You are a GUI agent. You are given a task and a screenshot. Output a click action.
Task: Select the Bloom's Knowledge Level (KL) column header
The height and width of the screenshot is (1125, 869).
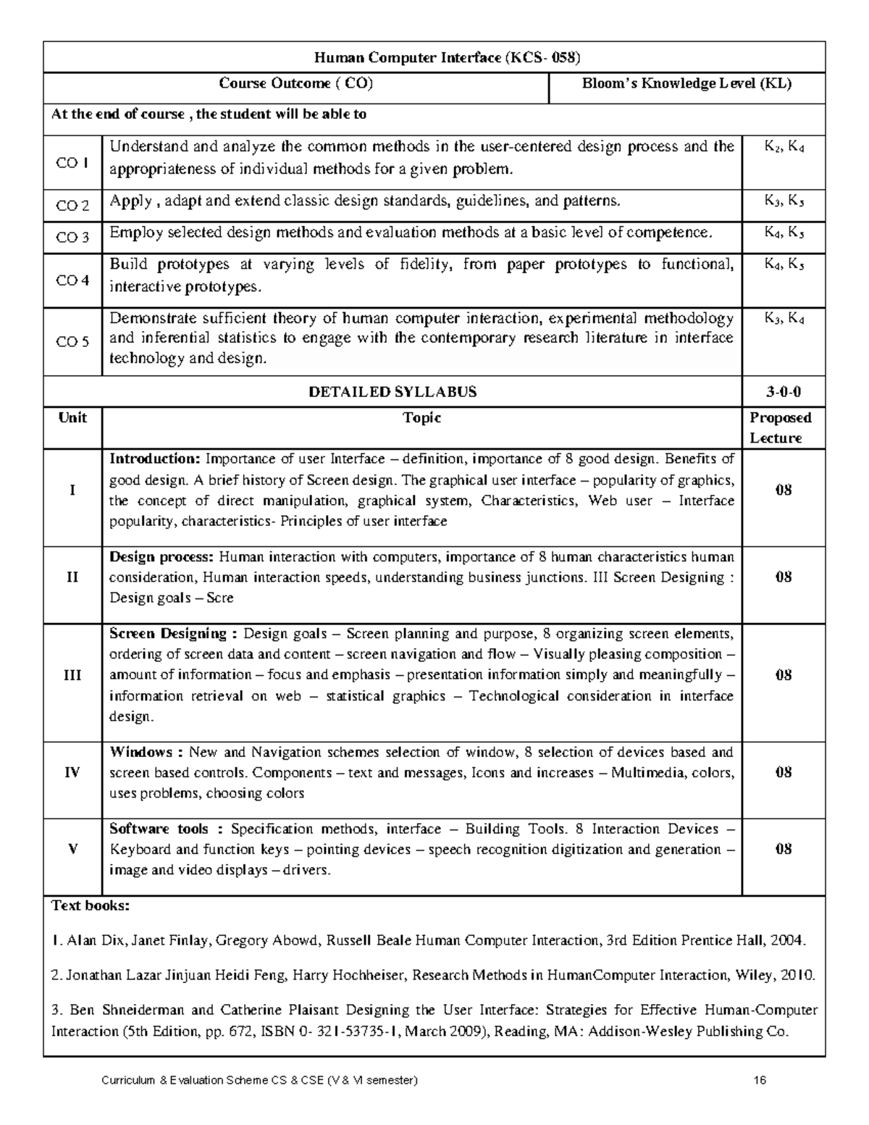tap(687, 83)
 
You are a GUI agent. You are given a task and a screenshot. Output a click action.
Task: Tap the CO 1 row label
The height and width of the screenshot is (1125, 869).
tap(72, 162)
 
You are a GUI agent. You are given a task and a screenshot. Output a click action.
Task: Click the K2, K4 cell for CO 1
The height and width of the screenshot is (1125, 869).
tap(784, 148)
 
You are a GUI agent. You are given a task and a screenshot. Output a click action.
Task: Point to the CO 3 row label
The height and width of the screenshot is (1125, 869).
tap(72, 238)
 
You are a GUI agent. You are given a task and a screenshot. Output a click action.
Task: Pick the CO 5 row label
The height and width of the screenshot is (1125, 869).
tap(72, 342)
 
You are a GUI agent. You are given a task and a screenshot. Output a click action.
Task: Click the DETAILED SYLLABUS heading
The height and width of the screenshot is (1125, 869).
tap(392, 392)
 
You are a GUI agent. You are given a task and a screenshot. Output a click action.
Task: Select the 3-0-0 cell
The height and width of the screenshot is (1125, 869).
tap(784, 392)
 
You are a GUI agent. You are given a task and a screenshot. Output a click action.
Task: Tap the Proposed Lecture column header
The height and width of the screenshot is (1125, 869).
tap(781, 427)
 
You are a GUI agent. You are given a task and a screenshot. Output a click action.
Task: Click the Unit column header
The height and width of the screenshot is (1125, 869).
tap(72, 417)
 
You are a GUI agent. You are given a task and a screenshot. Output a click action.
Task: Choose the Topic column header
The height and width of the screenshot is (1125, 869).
tap(422, 417)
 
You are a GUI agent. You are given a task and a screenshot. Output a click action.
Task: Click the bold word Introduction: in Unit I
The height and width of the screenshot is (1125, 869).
tap(154, 459)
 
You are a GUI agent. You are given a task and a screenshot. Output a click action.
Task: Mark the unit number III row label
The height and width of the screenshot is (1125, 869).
tap(72, 675)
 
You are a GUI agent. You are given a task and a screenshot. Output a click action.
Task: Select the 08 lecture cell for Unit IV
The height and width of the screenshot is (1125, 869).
tap(784, 772)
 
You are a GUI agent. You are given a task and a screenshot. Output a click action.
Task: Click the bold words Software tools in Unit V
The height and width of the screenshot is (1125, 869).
tap(159, 829)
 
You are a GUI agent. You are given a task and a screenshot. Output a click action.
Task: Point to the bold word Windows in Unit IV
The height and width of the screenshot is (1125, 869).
tap(141, 752)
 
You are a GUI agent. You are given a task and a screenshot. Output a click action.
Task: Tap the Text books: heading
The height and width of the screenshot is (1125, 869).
tap(91, 906)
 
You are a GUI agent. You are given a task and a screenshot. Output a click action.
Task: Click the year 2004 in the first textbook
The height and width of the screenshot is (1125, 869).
tap(787, 941)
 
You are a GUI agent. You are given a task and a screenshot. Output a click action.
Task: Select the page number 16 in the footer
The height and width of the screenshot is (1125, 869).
tap(760, 1080)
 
